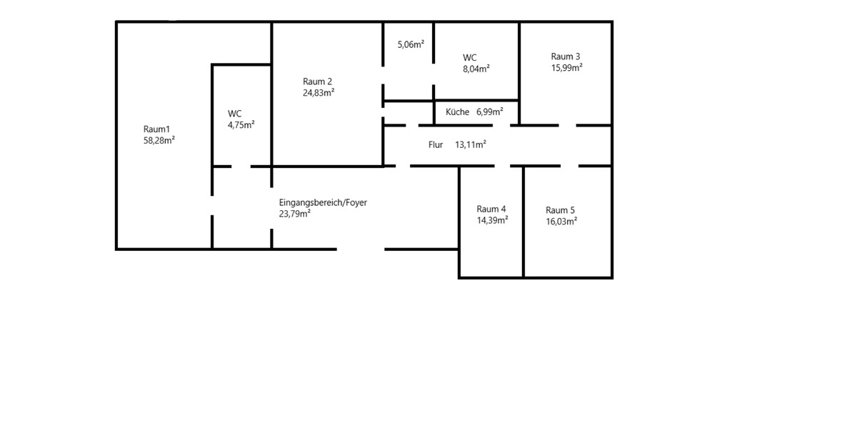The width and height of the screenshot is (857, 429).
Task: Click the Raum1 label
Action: [x=156, y=129]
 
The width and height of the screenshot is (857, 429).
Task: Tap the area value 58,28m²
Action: [x=159, y=140]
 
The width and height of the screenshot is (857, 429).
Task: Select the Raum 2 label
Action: [x=317, y=82]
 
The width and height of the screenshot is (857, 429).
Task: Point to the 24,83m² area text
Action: [x=319, y=92]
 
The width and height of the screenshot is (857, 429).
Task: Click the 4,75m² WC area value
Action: [x=241, y=124]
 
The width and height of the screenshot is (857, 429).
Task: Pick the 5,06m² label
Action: [x=411, y=44]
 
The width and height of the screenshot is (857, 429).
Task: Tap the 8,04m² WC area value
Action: [x=476, y=69]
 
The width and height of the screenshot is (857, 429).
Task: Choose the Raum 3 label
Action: [x=566, y=56]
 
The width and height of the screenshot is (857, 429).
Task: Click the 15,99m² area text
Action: [x=567, y=67]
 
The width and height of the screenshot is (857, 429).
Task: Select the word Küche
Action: [x=457, y=112]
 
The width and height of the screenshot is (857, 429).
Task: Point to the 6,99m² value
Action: [x=490, y=112]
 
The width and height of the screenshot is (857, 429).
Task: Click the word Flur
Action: [x=436, y=144]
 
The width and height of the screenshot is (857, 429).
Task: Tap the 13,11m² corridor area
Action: [x=471, y=144]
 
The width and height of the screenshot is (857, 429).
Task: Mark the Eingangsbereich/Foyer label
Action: [x=323, y=202]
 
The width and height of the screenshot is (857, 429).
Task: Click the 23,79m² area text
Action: [x=294, y=213]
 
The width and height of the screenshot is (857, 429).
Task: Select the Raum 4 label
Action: [x=491, y=209]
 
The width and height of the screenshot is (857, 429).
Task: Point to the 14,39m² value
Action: [x=492, y=220]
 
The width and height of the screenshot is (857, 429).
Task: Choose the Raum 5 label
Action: [x=560, y=210]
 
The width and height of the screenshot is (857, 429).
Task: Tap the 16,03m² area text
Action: [x=561, y=221]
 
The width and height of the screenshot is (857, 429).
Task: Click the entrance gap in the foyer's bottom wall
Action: [x=361, y=250]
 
